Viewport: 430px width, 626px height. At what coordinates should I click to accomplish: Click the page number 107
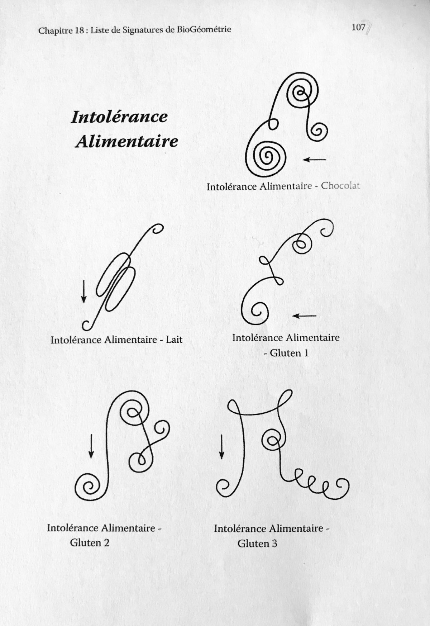click(x=358, y=27)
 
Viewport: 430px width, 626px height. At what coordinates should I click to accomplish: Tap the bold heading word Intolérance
click(x=119, y=117)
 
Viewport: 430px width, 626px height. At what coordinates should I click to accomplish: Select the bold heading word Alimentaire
click(x=126, y=141)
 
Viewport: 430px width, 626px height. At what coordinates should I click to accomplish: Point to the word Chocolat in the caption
click(x=340, y=186)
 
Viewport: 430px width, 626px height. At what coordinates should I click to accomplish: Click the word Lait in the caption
click(x=174, y=339)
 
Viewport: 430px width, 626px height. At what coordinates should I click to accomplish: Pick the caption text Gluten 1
click(x=286, y=353)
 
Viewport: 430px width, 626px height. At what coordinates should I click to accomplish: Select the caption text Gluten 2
click(x=90, y=542)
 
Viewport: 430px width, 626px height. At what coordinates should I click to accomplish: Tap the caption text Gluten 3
click(x=257, y=544)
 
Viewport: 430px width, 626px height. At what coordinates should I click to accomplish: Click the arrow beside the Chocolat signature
click(x=314, y=160)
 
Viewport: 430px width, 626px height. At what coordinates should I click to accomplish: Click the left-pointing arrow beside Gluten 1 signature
click(x=304, y=316)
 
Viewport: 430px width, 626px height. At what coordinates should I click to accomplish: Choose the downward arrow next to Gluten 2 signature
click(x=91, y=446)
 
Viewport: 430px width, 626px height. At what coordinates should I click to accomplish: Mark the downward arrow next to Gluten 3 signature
click(x=221, y=447)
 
